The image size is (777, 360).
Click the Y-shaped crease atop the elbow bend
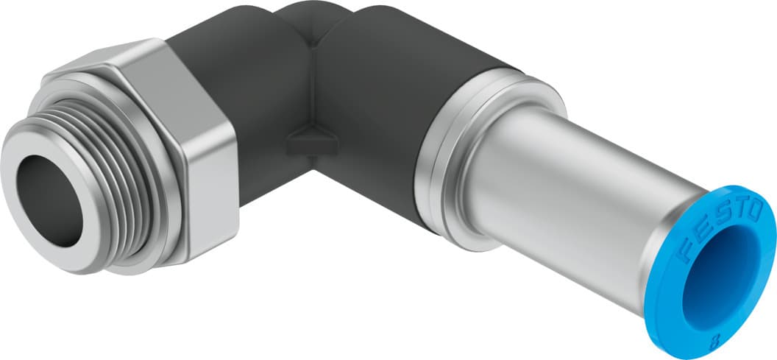coord(313,33)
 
